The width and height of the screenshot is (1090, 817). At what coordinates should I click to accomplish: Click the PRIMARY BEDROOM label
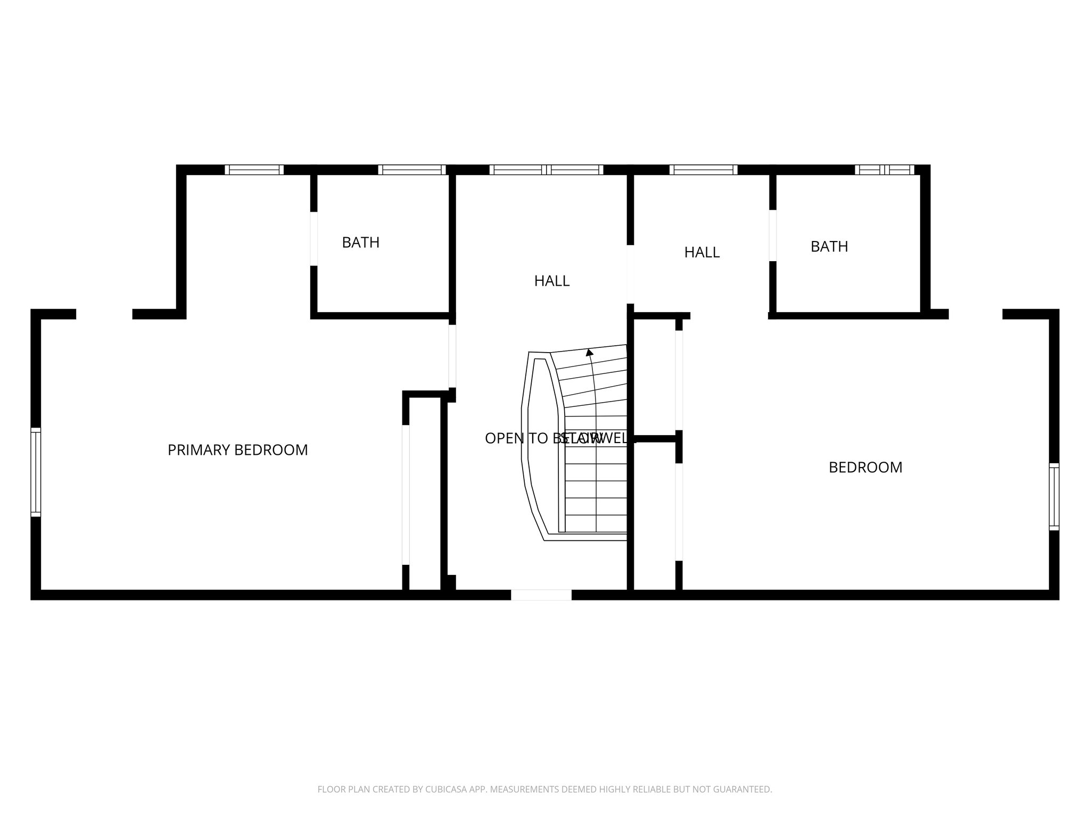click(237, 450)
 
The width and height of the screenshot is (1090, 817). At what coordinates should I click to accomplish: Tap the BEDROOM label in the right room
click(865, 468)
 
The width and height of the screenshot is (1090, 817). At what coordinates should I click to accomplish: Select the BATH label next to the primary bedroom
click(360, 243)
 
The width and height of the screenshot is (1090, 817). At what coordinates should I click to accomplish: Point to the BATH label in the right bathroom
click(829, 247)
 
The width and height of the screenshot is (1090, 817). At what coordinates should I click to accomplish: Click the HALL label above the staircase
click(551, 281)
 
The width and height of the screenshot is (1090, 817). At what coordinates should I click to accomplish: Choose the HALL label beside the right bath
click(701, 253)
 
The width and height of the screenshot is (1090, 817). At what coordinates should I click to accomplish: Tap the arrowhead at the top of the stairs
click(589, 352)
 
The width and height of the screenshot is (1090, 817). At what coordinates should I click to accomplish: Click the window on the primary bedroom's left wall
click(36, 472)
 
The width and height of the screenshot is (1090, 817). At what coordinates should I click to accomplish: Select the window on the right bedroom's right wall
click(1054, 497)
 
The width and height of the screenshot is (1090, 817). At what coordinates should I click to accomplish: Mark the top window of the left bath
click(412, 170)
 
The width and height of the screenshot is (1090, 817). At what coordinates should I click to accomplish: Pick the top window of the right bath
click(885, 170)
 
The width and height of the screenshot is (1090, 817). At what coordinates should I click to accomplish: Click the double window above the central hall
click(546, 170)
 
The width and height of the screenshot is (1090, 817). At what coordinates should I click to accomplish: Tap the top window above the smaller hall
click(703, 170)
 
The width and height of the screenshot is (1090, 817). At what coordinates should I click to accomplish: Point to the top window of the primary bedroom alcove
click(254, 170)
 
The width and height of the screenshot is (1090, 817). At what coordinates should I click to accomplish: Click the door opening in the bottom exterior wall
click(541, 595)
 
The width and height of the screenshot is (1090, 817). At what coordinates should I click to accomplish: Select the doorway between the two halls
click(630, 274)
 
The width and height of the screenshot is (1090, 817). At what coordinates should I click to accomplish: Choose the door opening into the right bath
click(772, 236)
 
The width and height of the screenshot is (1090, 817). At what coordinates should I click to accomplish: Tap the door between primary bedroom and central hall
click(452, 356)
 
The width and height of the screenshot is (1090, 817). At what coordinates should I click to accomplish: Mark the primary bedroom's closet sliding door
click(406, 495)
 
